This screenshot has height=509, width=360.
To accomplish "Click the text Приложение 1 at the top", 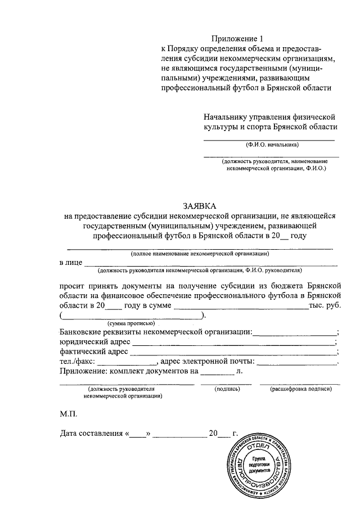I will pos(232,38).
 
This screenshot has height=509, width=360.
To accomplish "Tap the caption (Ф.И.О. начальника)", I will pos(268,145).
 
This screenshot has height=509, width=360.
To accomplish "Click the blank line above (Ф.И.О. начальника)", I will pos(268,139).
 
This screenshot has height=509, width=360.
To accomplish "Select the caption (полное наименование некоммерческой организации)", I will pos(200,254).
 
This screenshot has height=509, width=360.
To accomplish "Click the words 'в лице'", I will pos(71,263).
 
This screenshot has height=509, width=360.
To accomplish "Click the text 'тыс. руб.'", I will pos(324,305).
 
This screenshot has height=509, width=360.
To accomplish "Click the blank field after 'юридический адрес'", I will pos(233,343).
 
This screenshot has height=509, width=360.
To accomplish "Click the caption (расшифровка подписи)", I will pos(300,389).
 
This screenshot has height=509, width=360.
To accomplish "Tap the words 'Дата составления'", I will pos(91,434).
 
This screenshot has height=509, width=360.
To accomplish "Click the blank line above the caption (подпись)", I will pos(228,384).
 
